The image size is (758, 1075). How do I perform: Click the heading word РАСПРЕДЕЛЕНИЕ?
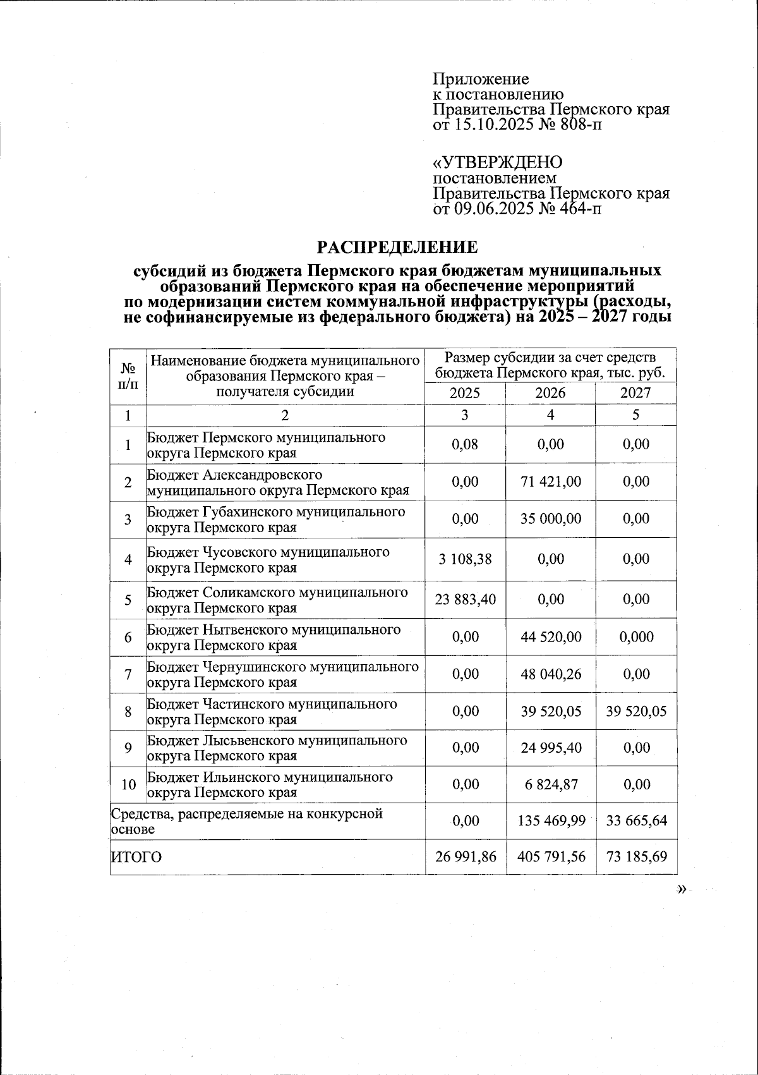(397, 246)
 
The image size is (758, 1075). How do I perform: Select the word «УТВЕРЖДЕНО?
(497, 162)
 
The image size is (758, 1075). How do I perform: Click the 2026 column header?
(550, 393)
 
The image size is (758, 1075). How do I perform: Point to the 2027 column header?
(635, 393)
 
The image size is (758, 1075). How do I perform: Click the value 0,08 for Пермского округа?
(465, 444)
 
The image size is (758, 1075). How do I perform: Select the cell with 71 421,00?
(550, 482)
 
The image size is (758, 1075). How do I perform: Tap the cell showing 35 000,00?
(550, 519)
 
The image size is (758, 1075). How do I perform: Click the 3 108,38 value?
(465, 559)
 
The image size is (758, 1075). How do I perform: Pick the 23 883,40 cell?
(465, 599)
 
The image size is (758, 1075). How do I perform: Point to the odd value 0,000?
(635, 637)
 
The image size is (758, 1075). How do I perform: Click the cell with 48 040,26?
(550, 674)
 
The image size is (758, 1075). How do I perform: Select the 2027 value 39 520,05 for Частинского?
(635, 712)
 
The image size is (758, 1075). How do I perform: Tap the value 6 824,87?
(550, 784)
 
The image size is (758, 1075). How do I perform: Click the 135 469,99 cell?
(550, 821)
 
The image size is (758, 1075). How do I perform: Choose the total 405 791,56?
(550, 857)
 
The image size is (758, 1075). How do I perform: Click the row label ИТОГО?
(136, 858)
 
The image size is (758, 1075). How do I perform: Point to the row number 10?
(128, 785)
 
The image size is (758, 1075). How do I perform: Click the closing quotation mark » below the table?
(681, 890)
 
